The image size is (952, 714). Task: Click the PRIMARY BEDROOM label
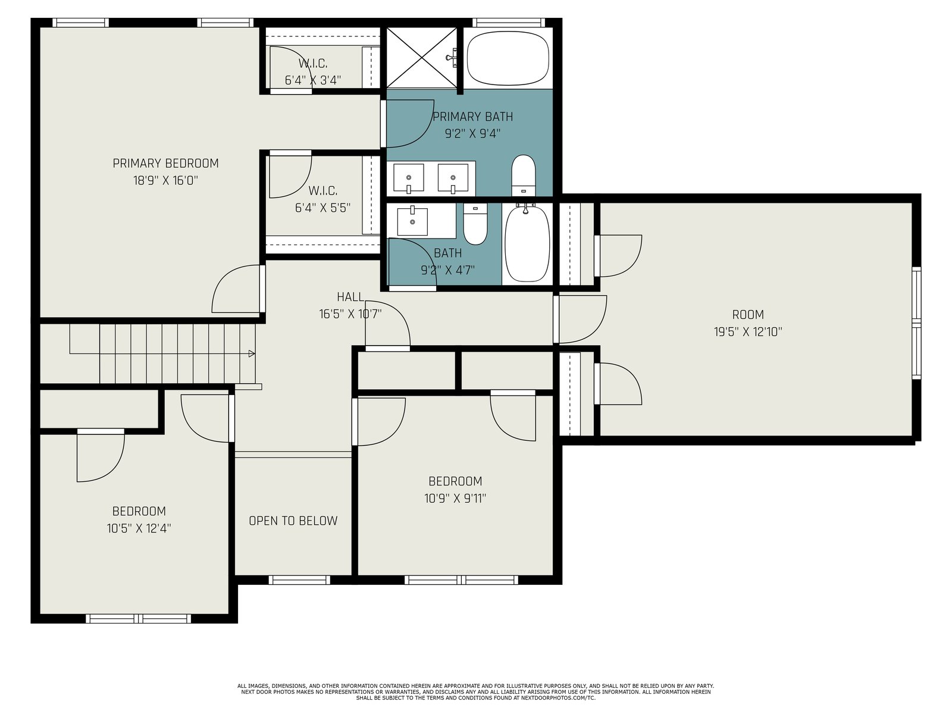coord(165,164)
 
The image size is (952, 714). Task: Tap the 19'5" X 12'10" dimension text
coord(748,332)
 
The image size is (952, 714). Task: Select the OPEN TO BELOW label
coord(293,521)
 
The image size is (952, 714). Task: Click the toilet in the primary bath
coord(524,175)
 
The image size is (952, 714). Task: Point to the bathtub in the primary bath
coord(508,58)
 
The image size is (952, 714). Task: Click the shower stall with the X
coord(422,58)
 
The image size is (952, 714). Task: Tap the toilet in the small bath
coord(475,224)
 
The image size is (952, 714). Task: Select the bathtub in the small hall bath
coord(527,243)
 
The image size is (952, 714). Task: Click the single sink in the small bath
coord(412,221)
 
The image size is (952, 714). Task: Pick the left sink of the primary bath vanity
coord(409,178)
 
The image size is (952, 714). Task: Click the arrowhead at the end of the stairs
coord(252,354)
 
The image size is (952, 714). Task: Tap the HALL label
coord(350,297)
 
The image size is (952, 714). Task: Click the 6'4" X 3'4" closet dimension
coord(313,80)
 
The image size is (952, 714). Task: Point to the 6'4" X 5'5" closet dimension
coord(322,208)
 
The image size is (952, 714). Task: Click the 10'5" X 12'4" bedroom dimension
coord(139,528)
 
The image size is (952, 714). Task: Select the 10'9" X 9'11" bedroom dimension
coord(455,499)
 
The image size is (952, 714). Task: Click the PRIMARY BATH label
coord(473,117)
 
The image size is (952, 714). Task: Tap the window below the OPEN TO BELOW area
coord(299,580)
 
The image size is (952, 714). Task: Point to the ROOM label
coord(748,315)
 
